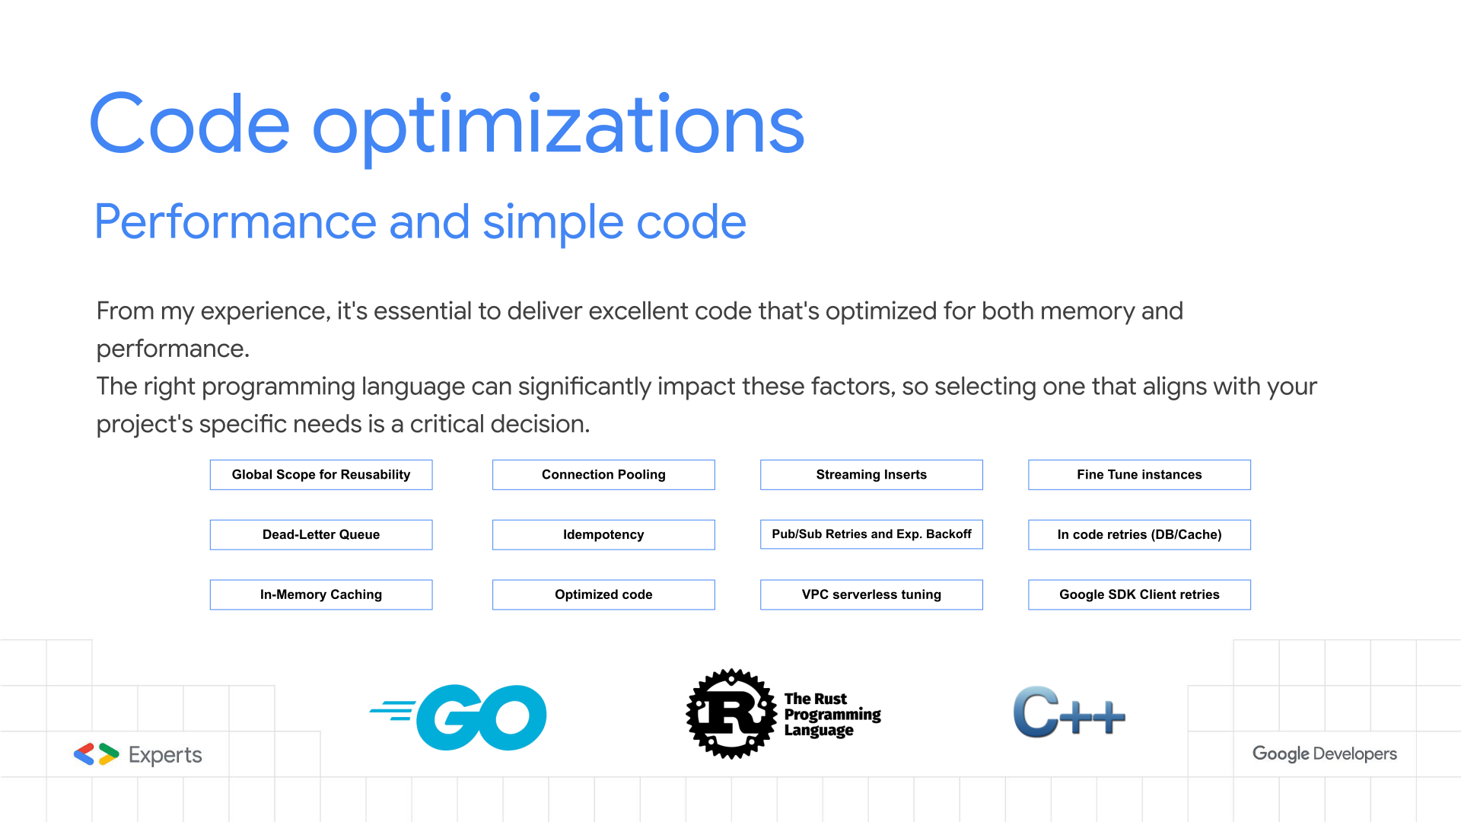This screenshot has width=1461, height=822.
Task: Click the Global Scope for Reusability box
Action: (321, 474)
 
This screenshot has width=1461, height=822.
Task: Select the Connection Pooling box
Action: (603, 474)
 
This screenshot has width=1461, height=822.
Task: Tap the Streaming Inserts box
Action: (871, 474)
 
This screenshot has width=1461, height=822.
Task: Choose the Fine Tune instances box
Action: (1139, 474)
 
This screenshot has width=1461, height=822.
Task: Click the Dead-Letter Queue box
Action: (321, 534)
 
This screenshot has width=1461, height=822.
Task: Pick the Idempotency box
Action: (603, 534)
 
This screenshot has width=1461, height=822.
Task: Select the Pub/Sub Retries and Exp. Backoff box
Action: (871, 534)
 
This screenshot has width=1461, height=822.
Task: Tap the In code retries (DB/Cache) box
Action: (1139, 534)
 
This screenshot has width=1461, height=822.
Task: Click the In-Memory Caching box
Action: (321, 594)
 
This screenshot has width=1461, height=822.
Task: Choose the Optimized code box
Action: (603, 594)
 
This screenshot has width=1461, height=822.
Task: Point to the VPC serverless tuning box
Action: (871, 594)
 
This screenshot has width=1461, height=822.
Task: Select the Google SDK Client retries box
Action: (1139, 594)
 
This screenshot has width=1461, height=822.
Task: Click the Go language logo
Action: (459, 717)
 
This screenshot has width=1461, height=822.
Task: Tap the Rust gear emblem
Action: (732, 714)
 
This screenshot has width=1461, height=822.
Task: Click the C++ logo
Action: (1069, 712)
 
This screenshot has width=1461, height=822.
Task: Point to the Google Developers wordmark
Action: (1325, 753)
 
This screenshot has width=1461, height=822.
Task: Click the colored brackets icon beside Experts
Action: (96, 754)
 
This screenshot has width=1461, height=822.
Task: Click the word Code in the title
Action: (189, 123)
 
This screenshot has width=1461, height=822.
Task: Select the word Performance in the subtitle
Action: (235, 222)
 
